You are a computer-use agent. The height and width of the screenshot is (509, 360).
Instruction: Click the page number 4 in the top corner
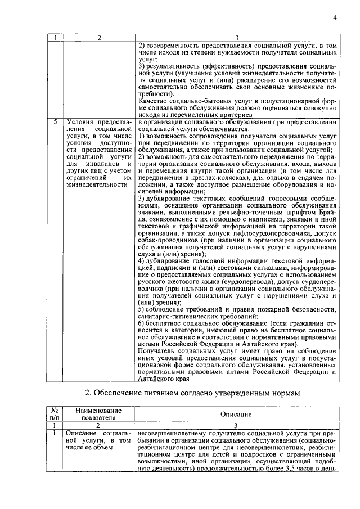pyautogui.click(x=334, y=17)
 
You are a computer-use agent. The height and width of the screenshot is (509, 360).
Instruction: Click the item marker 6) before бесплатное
pyautogui.click(x=142, y=325)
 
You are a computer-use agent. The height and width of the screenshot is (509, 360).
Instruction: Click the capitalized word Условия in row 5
pyautogui.click(x=81, y=121)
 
